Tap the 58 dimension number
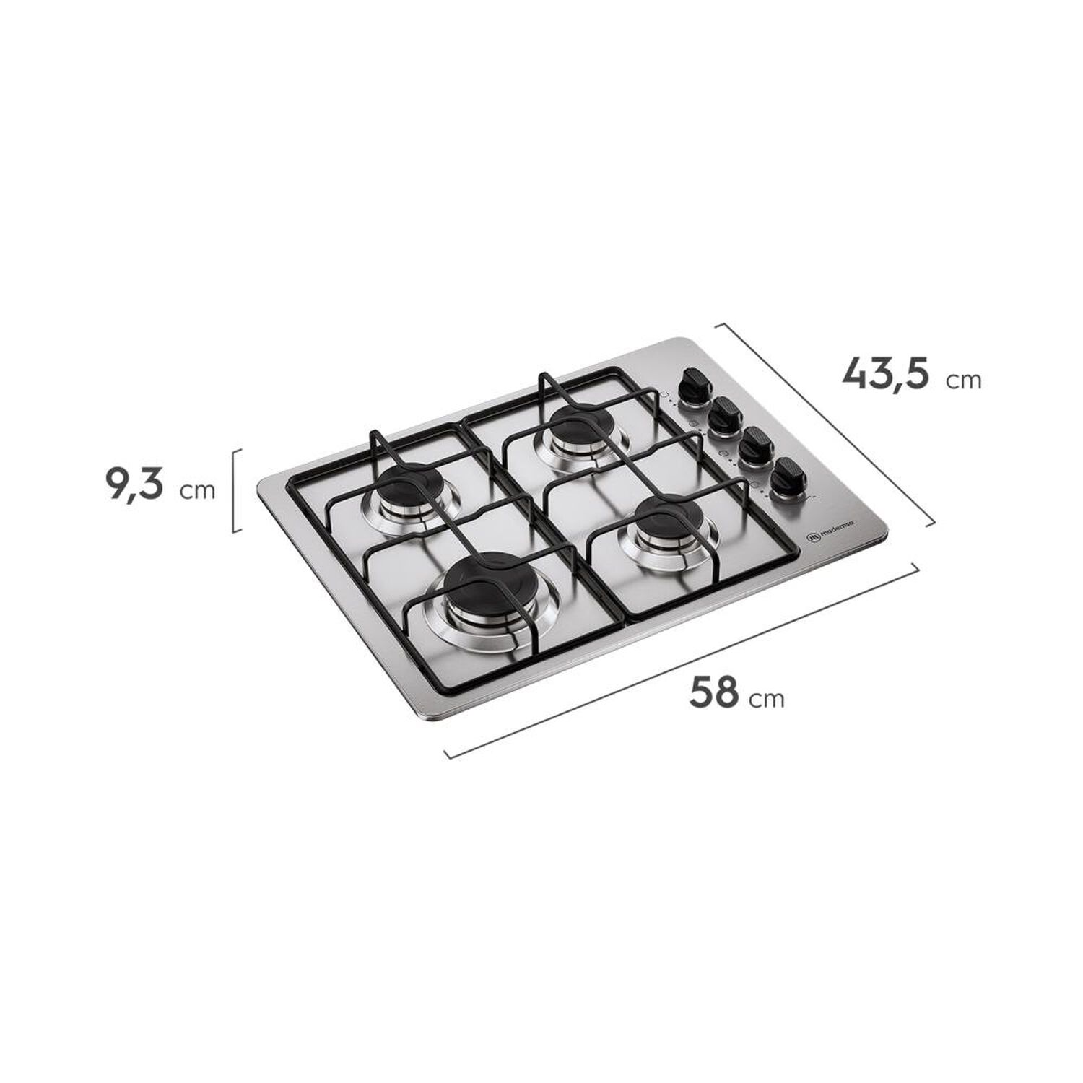tap(714, 692)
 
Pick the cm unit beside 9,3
tap(198, 491)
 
